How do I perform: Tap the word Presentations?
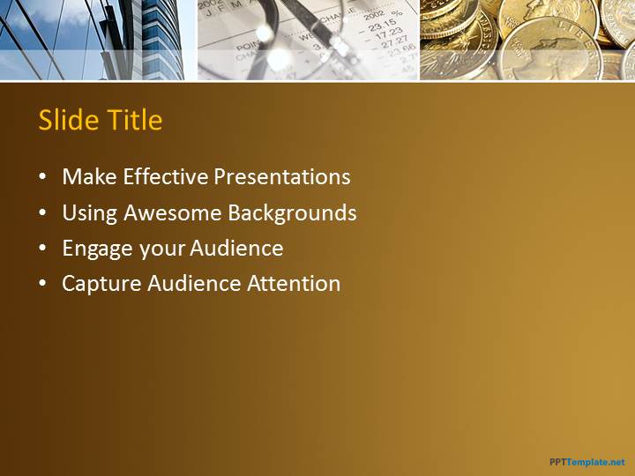point(282,176)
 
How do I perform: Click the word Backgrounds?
point(293,213)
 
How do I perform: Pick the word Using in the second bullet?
point(89,213)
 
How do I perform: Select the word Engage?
point(97,249)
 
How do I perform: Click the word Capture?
point(101,284)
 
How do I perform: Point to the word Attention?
point(294,283)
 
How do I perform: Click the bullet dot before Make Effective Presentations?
point(42,177)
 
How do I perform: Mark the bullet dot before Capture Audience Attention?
point(42,284)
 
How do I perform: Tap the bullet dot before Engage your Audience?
point(42,248)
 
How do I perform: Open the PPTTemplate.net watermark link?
point(587,462)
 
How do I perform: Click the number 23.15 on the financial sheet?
point(383,26)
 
